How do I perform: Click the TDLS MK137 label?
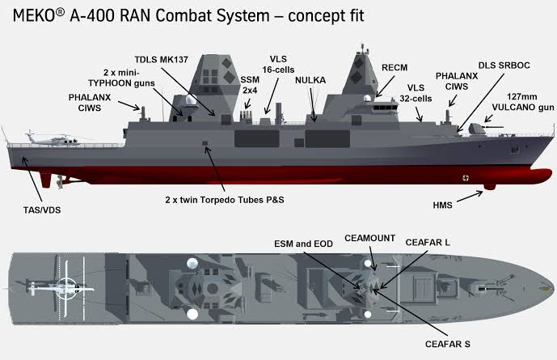coord(161,59)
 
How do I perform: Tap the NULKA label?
coord(310,80)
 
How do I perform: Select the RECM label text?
coord(395,67)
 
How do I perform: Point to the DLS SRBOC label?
coord(504,66)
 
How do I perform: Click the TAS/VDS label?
coord(42,210)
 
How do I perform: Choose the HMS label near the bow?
coord(443,205)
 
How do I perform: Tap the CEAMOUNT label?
coord(369,238)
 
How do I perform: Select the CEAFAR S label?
coord(448,344)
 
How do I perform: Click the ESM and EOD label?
coord(303,244)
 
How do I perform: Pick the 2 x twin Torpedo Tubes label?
coord(225,200)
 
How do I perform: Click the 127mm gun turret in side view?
coord(477,129)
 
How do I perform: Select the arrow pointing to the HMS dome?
coord(470,197)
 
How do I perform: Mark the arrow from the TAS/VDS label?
coord(32,179)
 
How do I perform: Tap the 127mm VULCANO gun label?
coord(522,102)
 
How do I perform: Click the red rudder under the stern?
coord(46,179)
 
